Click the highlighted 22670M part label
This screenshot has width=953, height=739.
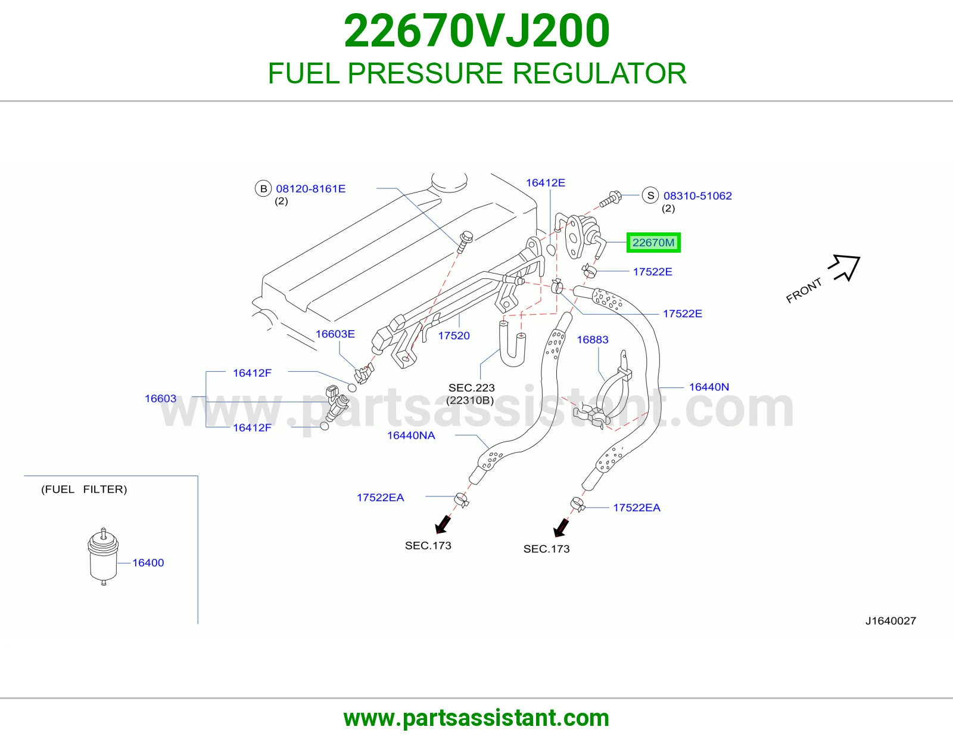(653, 243)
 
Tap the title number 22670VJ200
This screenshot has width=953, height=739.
(476, 31)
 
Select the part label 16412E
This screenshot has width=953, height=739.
(546, 182)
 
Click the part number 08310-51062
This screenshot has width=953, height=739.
(697, 195)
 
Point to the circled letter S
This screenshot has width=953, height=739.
(650, 195)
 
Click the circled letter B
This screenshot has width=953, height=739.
(263, 188)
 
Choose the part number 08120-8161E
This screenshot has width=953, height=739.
(310, 189)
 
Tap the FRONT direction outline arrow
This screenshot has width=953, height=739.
(845, 267)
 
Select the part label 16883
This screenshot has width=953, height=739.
(593, 340)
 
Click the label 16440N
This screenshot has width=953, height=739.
(709, 387)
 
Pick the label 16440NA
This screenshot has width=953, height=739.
(411, 435)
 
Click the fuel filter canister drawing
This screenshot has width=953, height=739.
(103, 557)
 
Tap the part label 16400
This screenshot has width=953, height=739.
(148, 563)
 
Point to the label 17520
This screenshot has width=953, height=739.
(454, 336)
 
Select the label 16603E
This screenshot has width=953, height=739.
(335, 334)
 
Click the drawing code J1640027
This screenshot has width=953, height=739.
(890, 621)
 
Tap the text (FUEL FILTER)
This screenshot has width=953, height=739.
(84, 489)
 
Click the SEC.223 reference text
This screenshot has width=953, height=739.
(472, 388)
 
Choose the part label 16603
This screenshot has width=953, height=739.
(160, 399)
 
